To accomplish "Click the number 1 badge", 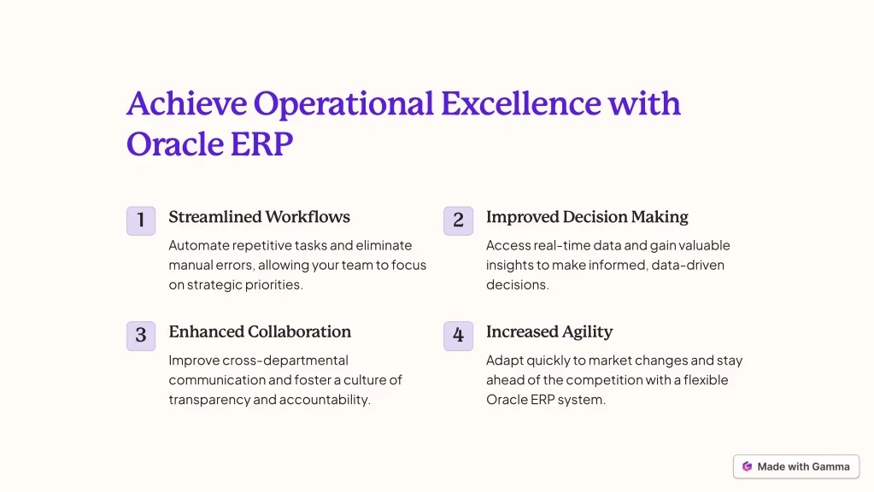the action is [x=141, y=220].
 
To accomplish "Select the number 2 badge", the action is [x=458, y=220].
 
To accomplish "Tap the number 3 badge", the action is [x=141, y=336].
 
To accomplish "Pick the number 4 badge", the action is [x=458, y=336].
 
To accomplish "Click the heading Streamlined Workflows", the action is [x=259, y=217].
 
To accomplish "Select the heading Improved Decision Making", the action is [x=587, y=217].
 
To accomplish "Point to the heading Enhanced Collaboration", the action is [x=260, y=331].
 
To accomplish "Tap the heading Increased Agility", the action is [x=549, y=332].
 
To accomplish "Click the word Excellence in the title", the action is [x=521, y=103].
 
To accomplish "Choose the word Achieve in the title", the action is [x=187, y=103].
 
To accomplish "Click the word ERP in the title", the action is [x=261, y=143].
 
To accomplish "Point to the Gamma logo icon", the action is [x=747, y=467].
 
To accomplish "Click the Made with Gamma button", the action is [x=796, y=467].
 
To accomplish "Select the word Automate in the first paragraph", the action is [x=199, y=246].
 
